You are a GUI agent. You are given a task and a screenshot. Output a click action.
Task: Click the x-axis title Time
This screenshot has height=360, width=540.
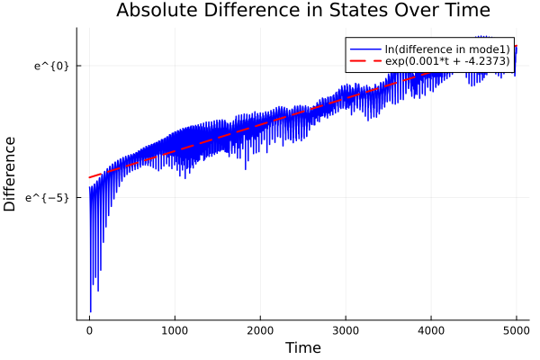302,347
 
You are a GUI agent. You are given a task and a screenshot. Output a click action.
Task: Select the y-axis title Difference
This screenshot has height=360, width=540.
11,174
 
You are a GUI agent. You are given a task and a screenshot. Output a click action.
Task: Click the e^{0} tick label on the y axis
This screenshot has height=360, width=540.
51,66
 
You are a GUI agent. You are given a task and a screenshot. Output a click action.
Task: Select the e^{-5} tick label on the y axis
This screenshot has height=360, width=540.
48,197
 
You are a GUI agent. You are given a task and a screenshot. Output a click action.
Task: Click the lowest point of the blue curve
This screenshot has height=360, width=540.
90,311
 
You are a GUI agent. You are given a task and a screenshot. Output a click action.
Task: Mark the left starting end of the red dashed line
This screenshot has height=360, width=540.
89,177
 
